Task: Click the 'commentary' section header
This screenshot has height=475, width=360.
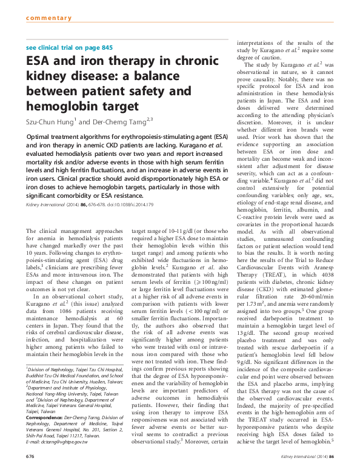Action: pyautogui.click(x=49, y=18)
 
